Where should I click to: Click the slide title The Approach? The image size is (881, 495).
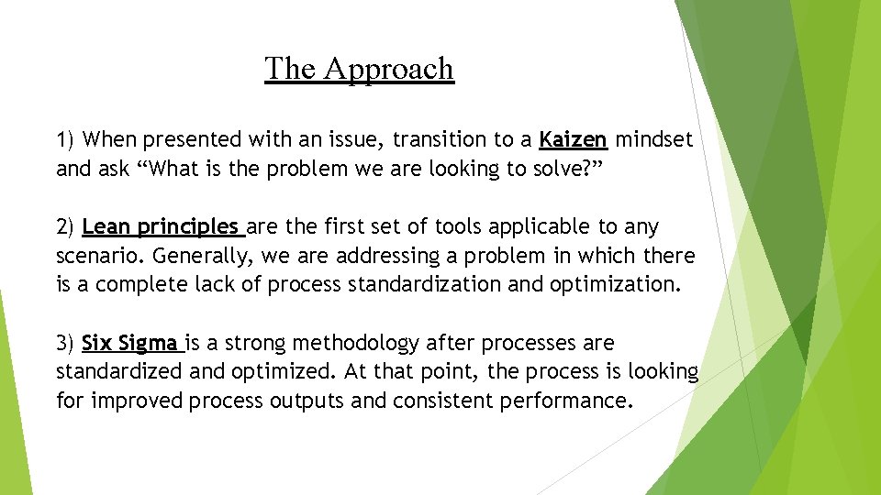click(359, 69)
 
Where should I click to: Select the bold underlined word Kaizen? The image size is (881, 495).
click(573, 140)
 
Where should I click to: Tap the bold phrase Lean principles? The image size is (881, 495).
click(161, 226)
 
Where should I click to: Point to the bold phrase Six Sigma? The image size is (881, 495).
click(129, 344)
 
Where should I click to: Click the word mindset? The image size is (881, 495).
click(653, 140)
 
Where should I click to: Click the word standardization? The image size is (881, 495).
click(425, 285)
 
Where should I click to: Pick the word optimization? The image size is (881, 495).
click(615, 285)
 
